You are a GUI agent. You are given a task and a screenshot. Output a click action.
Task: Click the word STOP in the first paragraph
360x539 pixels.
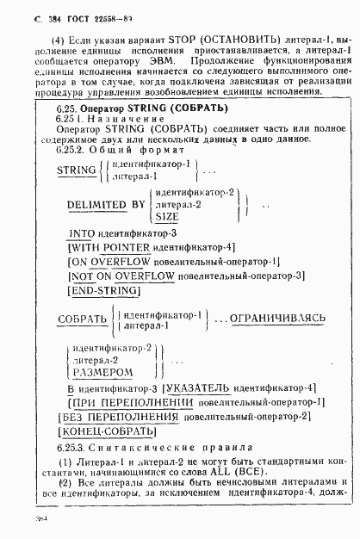click(x=172, y=40)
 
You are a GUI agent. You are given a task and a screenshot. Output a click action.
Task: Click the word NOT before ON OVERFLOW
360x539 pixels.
click(x=84, y=276)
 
